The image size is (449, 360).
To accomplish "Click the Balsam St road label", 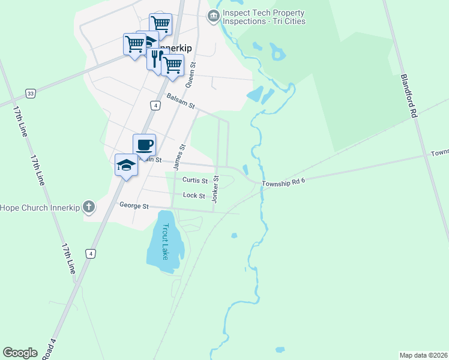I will (x=181, y=101).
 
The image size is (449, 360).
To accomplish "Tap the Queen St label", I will (x=191, y=74).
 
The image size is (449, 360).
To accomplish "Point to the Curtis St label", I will (x=194, y=180).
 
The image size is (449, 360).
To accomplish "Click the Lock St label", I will (x=194, y=196).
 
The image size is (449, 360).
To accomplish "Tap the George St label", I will (x=134, y=206).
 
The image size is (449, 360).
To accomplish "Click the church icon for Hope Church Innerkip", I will (x=88, y=208).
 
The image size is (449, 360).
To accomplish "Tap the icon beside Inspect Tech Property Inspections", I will (x=212, y=17).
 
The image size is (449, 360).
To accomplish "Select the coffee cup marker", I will (x=144, y=145).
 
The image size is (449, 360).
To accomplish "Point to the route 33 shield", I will (x=30, y=93).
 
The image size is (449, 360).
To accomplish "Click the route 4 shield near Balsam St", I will (x=155, y=106).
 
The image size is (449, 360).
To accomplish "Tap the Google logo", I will (x=20, y=353).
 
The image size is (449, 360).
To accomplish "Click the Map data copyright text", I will (x=423, y=355).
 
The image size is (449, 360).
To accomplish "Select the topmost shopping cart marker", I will (x=160, y=24).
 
